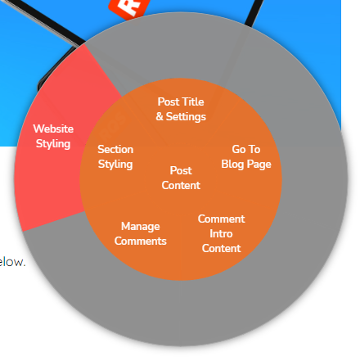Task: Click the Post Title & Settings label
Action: (181, 109)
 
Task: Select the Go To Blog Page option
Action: (245, 156)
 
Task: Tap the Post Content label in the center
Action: (181, 178)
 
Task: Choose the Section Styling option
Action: (115, 157)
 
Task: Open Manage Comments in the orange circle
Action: (140, 233)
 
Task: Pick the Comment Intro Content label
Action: (221, 233)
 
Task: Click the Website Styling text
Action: (53, 136)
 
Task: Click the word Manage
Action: (140, 226)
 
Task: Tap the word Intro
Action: (221, 233)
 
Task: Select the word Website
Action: (53, 129)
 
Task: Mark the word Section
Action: (115, 150)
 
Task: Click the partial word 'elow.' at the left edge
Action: (12, 263)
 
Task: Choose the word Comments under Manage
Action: (140, 241)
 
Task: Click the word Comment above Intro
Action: (221, 219)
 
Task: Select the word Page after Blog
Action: (259, 164)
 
